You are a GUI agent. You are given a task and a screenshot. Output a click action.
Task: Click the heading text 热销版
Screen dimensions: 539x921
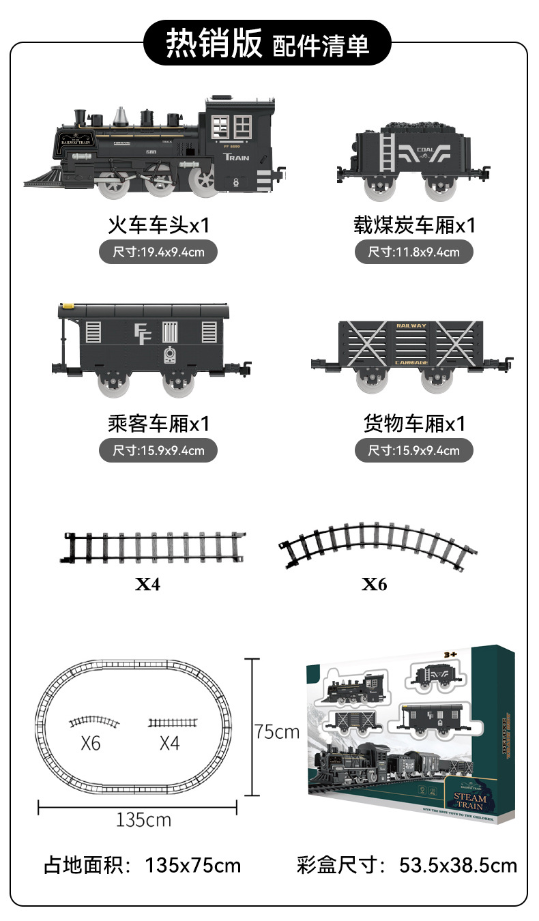(x=214, y=43)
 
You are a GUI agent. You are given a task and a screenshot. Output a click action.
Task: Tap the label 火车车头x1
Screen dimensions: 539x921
(x=158, y=225)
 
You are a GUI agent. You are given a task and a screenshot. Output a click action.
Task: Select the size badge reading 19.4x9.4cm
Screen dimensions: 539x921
(x=158, y=252)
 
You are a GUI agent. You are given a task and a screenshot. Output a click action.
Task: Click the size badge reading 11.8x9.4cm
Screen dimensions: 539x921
(x=413, y=252)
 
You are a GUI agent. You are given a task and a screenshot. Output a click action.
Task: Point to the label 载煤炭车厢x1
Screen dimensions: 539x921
(x=414, y=225)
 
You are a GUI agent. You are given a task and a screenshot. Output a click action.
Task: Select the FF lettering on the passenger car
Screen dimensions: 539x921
(x=143, y=334)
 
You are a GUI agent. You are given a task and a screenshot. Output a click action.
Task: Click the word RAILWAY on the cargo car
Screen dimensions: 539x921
(x=411, y=326)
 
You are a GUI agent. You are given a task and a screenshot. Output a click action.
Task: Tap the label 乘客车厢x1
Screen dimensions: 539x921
(x=158, y=424)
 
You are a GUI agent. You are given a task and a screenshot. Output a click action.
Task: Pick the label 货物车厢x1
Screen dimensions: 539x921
(x=414, y=424)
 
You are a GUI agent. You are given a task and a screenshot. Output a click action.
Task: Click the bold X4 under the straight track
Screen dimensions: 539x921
(x=147, y=584)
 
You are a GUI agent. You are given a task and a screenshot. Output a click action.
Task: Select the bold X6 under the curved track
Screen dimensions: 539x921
(x=374, y=584)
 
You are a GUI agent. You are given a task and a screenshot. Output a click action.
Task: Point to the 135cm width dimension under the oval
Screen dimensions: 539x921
(x=143, y=819)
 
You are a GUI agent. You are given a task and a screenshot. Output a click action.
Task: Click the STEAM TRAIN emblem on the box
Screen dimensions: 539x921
(x=471, y=802)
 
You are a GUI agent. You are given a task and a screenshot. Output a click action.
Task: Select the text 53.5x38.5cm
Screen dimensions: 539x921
(x=458, y=866)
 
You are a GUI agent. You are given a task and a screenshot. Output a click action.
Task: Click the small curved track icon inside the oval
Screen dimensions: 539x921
(x=94, y=722)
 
